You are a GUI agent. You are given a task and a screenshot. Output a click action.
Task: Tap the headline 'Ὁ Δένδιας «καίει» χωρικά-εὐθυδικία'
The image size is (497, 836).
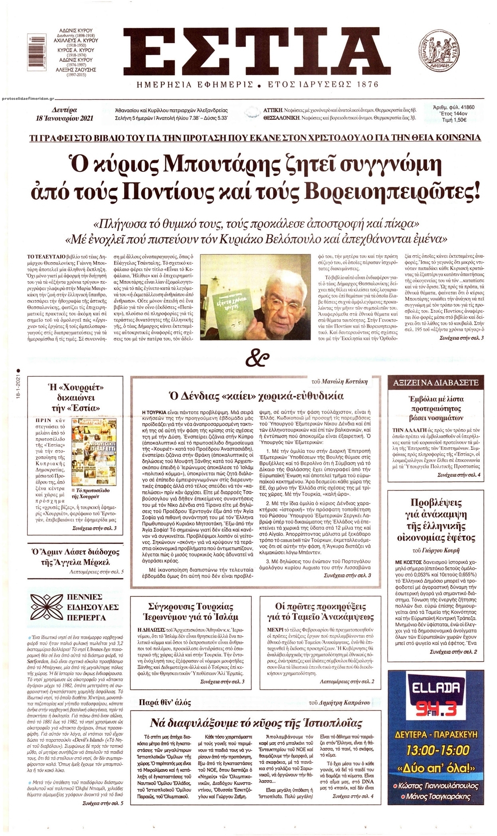257,396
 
